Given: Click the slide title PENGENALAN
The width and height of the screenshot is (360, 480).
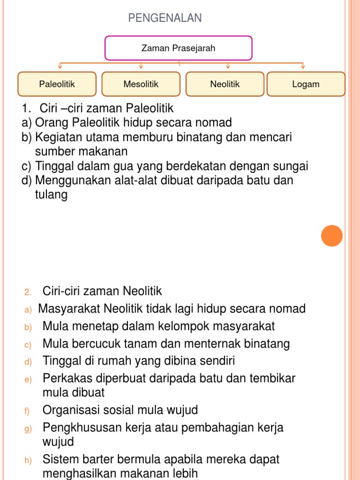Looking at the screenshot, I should click(165, 18).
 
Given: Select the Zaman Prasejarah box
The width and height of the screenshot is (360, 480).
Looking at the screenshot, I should click(178, 48).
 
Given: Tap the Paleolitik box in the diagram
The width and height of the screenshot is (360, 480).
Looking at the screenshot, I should click(57, 84).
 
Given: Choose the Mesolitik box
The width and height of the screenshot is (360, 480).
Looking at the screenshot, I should click(141, 84).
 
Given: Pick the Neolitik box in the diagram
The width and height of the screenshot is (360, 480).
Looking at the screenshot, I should click(225, 84).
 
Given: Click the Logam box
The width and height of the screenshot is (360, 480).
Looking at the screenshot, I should click(306, 84).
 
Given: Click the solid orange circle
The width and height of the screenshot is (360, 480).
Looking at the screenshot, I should click(332, 235).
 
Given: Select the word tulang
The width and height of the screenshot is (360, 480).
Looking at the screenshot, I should click(51, 195).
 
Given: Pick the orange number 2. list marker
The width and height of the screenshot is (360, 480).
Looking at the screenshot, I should click(28, 292).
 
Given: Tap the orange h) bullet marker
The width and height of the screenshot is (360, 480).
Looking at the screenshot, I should click(28, 462).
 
